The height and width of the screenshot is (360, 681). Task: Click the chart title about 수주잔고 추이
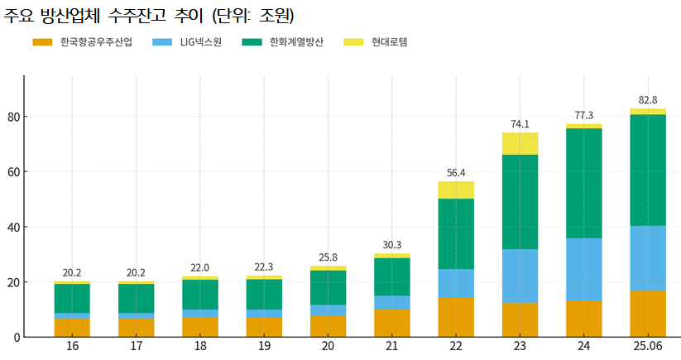[x=149, y=16]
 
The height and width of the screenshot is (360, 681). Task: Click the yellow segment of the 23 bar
[x=520, y=143]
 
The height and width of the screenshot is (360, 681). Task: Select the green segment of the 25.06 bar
[x=648, y=170]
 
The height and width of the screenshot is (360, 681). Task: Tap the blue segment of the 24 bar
[x=584, y=269]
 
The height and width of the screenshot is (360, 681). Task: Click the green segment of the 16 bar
[x=72, y=298]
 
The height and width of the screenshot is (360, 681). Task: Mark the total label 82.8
[x=648, y=100]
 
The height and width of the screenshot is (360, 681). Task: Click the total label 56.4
[x=456, y=173]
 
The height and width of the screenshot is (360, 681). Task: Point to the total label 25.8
[x=328, y=257]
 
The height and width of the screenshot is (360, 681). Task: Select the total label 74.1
[x=520, y=124]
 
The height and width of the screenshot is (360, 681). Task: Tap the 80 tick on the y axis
[x=12, y=117]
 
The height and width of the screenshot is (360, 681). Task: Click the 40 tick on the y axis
[x=12, y=227]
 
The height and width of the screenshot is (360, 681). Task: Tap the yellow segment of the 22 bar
[x=456, y=190]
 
